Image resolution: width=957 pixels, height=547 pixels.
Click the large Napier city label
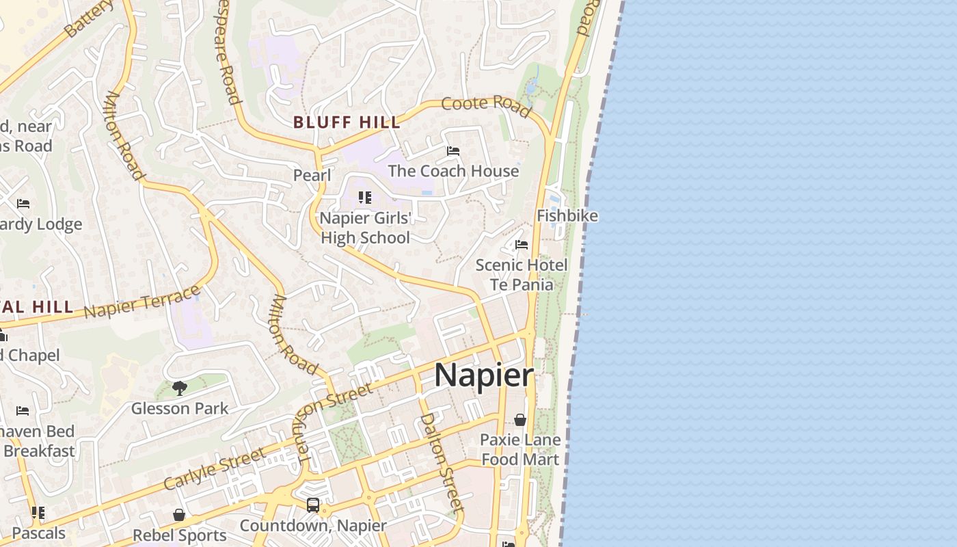483,375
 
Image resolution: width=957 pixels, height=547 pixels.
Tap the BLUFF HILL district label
347,123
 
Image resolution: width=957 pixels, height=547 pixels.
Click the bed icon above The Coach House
453,151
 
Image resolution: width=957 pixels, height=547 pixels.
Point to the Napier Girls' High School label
366,228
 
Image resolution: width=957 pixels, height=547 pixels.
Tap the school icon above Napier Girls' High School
365,198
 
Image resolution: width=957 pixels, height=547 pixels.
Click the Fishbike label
567,216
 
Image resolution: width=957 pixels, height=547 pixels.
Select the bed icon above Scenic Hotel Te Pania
522,245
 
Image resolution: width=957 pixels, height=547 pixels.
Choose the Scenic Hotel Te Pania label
522,275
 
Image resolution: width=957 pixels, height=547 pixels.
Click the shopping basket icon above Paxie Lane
520,420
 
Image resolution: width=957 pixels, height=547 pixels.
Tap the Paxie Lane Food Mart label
520,450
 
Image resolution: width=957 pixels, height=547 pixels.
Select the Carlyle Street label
214,469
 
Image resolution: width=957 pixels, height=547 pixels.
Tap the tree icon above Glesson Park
180,388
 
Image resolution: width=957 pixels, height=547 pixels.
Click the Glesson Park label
180,409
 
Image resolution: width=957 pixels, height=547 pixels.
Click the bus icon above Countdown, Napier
313,506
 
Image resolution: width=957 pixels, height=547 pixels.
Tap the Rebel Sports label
180,535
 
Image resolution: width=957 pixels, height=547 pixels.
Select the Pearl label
312,176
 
